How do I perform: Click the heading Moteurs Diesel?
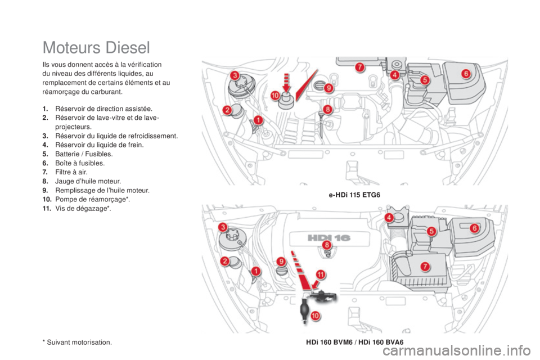[x=96, y=47]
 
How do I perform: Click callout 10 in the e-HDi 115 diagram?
[x=275, y=96]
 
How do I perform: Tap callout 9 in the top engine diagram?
[x=328, y=88]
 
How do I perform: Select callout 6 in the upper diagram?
[x=466, y=73]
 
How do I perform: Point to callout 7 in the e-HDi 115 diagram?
[x=359, y=67]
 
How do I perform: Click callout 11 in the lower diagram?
[x=320, y=274]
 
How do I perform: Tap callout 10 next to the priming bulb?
[x=315, y=315]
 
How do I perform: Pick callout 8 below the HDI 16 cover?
[x=326, y=245]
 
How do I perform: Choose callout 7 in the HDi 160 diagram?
[x=425, y=266]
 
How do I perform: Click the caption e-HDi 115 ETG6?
[x=354, y=195]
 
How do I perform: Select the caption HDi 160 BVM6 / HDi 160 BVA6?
[x=355, y=342]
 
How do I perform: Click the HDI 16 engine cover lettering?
[x=328, y=238]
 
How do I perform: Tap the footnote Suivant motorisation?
[x=78, y=343]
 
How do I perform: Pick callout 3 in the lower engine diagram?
[x=223, y=227]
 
